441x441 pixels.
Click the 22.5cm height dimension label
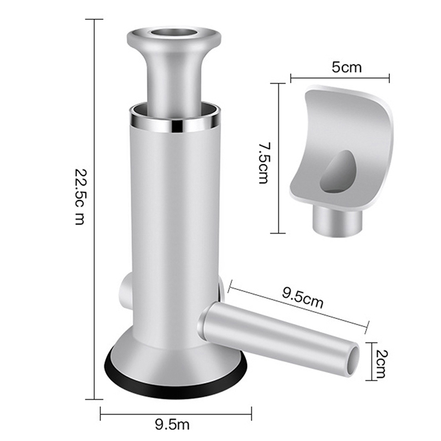(80, 197)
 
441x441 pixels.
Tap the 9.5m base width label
(172, 424)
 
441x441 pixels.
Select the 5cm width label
(347, 67)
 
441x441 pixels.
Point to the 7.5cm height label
(263, 163)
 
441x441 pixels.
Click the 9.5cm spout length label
(303, 298)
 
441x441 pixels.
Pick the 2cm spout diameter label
(381, 364)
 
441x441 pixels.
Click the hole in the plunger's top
(174, 33)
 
